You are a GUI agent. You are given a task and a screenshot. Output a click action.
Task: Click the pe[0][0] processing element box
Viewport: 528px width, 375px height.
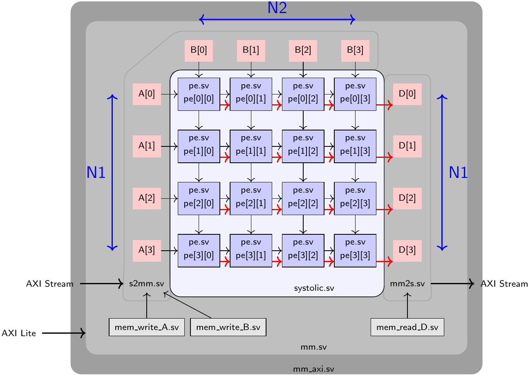[199, 94]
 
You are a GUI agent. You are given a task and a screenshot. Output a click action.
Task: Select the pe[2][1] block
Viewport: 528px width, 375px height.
[251, 198]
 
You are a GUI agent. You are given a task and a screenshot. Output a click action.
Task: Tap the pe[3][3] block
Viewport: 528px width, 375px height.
[355, 250]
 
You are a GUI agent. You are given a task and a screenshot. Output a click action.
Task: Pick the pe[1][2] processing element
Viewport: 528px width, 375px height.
[303, 146]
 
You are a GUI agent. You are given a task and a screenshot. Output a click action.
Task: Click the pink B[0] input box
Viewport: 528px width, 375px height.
[199, 50]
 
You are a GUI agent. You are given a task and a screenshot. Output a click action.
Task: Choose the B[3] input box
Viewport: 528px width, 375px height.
[355, 50]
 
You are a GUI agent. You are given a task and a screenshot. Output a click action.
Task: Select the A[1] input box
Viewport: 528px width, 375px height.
[147, 146]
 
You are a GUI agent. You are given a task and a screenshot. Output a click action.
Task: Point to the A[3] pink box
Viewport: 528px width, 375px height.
[147, 250]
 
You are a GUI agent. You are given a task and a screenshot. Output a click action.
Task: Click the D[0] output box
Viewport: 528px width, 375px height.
[407, 94]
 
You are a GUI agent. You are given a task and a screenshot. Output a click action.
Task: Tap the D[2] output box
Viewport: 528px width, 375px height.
[407, 198]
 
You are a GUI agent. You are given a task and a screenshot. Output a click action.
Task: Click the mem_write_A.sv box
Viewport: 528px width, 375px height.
[146, 328]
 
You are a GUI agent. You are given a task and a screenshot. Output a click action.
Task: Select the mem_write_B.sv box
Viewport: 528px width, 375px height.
[228, 328]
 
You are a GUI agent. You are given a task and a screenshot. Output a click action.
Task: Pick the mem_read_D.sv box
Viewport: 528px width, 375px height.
[407, 328]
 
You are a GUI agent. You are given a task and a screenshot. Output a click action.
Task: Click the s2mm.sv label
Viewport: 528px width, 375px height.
[147, 283]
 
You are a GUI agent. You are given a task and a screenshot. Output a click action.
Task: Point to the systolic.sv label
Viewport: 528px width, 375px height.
[314, 288]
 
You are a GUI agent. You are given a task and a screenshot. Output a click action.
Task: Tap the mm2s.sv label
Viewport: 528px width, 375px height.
[407, 283]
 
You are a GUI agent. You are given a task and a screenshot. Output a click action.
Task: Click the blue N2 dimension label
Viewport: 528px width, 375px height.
[277, 8]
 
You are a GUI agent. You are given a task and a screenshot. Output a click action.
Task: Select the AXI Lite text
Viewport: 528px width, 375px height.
[19, 333]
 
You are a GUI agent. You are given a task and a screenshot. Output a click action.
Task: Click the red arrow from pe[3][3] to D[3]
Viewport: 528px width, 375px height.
[384, 261]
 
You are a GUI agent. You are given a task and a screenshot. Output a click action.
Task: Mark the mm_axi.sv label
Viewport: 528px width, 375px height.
[313, 369]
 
